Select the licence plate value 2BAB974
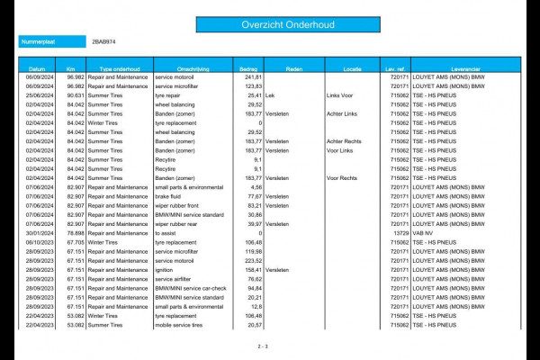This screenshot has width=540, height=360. (103, 42)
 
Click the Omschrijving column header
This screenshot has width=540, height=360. (193, 68)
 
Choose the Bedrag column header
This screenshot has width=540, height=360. (247, 68)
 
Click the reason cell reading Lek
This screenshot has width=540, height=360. (271, 94)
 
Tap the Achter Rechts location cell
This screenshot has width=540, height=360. (346, 140)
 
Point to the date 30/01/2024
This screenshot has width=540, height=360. (37, 233)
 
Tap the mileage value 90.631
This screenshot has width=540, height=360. (75, 94)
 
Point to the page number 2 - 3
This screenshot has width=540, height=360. (263, 346)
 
